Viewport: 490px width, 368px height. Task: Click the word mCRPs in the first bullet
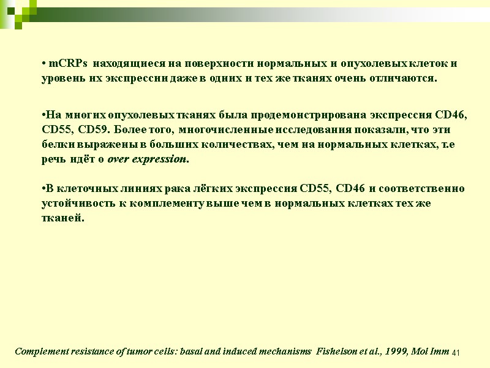pyautogui.click(x=68, y=64)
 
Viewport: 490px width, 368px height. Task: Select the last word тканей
pyautogui.click(x=61, y=217)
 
